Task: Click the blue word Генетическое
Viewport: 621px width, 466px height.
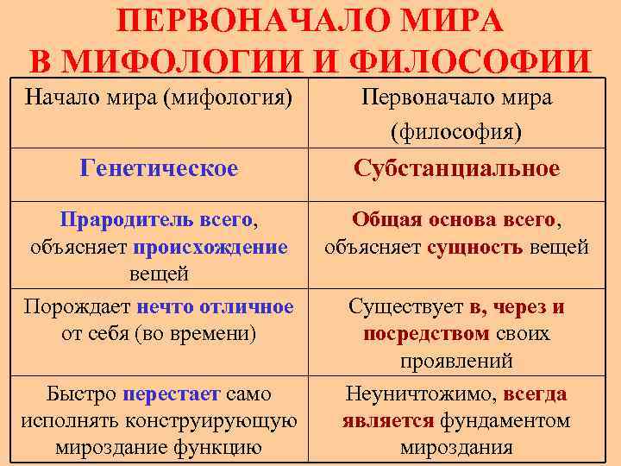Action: (159, 168)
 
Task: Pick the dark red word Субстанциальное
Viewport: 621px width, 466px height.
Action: (457, 168)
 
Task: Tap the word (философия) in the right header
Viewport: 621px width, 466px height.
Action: (456, 132)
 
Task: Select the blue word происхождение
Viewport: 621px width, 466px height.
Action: (210, 248)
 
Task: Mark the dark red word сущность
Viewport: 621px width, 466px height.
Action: (475, 248)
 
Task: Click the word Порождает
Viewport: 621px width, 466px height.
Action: (78, 307)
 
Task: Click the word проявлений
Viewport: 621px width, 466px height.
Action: (456, 361)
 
